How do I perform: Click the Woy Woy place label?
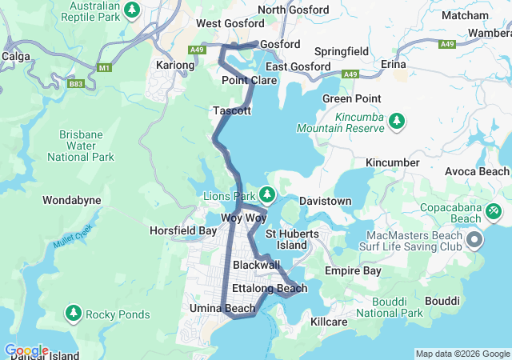point(243,218)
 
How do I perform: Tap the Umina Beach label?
point(222,308)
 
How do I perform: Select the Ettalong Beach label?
point(269,288)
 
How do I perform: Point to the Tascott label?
point(232,110)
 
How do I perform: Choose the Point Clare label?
point(249,81)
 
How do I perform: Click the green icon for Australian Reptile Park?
point(134,10)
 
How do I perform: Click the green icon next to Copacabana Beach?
point(494,210)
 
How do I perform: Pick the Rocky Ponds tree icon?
point(74,312)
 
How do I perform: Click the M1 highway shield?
point(104,67)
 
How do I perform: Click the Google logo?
point(26,350)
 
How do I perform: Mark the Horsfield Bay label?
point(183,230)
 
